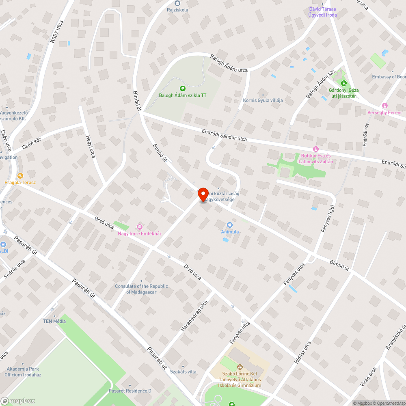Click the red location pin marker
coord(203,194)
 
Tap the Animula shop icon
coord(230,225)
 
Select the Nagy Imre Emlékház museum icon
coord(140,227)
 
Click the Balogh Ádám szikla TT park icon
coord(182,88)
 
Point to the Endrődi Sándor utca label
coord(225,135)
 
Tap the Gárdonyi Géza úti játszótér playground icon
coord(343,84)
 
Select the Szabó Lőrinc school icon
coord(240,367)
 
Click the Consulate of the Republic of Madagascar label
coord(141,289)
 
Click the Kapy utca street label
coord(56,31)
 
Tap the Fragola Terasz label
coord(20,182)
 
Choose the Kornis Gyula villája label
coord(263,100)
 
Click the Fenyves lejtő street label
coord(327,220)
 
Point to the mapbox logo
coord(18,401)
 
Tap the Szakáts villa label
coord(183,371)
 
